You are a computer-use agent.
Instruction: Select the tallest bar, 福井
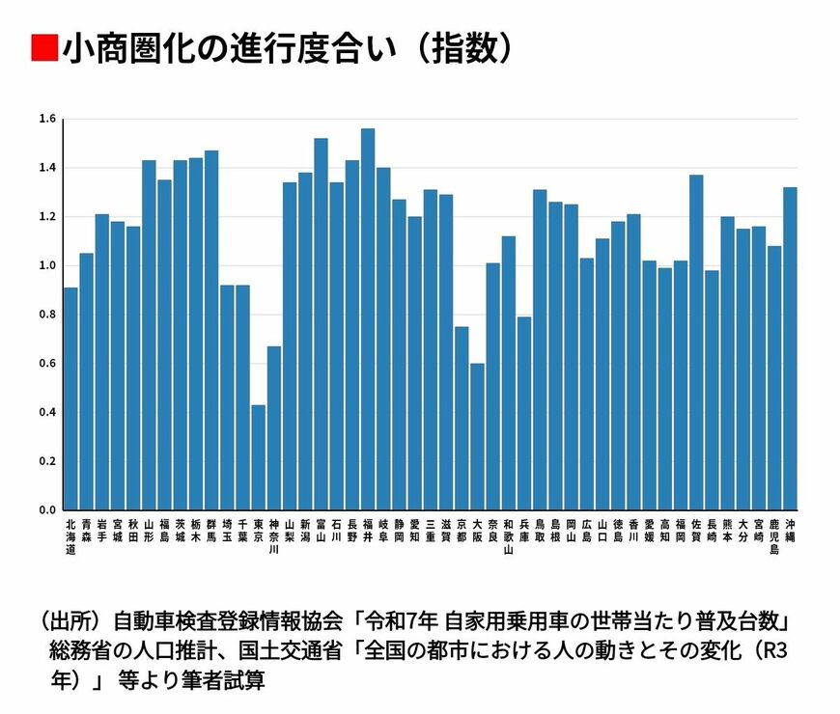tap(368, 318)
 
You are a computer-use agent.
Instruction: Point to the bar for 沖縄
tap(790, 348)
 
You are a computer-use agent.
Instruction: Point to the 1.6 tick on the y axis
tap(47, 119)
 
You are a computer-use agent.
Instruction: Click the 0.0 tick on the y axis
tap(47, 509)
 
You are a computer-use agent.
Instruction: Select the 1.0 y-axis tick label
tap(47, 265)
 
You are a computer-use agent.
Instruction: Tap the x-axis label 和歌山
tap(509, 536)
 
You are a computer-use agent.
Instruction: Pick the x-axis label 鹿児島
tap(774, 536)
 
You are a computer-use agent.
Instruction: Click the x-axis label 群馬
tap(211, 530)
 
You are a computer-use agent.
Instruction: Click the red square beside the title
tap(43, 47)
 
